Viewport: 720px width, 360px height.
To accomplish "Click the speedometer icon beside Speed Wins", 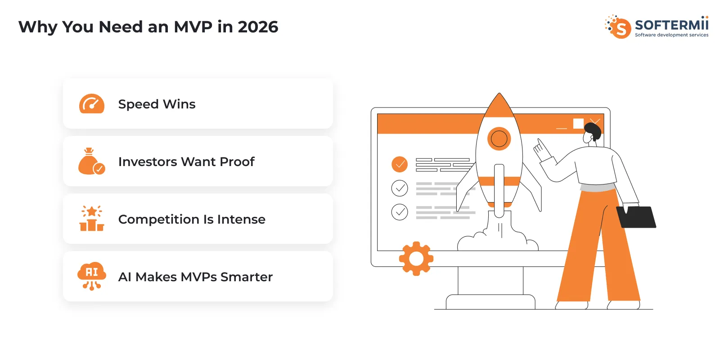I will coord(92,104).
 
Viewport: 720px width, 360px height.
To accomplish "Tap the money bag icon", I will coord(91,162).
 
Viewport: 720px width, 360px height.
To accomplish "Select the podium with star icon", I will coord(92,219).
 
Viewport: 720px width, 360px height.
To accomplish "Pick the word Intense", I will coord(241,219).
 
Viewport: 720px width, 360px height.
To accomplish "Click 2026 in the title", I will coord(258,27).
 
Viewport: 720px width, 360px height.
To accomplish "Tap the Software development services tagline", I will coord(671,35).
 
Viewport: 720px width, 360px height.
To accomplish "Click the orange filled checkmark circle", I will coord(400,164).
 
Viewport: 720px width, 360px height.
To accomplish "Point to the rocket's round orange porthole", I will coord(499,139).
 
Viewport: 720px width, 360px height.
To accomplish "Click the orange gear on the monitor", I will coord(416,259).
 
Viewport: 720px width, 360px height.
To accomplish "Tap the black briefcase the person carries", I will coord(637,217).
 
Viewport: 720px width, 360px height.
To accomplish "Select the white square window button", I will coord(578,123).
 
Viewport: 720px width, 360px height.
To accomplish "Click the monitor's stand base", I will coord(490,302).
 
